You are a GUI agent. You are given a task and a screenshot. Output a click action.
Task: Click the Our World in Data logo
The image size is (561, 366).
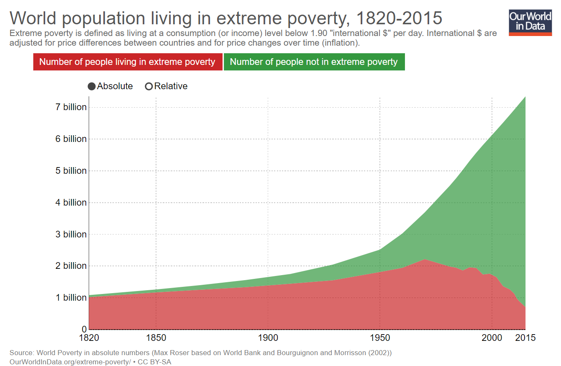530,22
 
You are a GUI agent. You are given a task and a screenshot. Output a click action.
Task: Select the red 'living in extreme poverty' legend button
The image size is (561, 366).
127,62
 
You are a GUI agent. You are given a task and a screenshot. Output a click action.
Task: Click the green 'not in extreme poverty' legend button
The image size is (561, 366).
314,62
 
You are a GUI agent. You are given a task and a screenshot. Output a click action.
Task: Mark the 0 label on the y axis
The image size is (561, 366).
84,329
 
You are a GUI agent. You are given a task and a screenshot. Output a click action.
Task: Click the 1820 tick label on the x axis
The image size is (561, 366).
89,338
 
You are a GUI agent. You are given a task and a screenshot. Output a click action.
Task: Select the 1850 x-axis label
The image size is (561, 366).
156,338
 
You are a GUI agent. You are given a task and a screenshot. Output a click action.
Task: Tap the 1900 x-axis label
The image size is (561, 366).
268,338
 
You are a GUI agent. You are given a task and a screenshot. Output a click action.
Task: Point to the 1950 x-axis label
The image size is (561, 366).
380,338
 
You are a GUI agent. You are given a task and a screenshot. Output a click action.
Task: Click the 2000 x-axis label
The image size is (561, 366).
492,338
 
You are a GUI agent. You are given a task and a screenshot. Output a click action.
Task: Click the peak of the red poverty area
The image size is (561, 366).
425,260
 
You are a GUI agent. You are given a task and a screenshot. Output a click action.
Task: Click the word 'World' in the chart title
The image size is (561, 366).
37,18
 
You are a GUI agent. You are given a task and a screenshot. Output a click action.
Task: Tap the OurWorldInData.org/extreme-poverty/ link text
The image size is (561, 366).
70,361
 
